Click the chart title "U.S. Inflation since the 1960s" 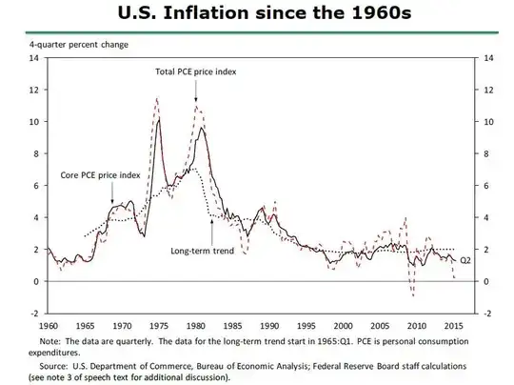pyautogui.click(x=256, y=14)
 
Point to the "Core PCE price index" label pyautogui.click(x=102, y=175)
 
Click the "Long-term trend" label pyautogui.click(x=202, y=252)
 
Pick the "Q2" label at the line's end pyautogui.click(x=465, y=259)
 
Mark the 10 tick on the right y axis pyautogui.click(x=491, y=122)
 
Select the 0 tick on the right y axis pyautogui.click(x=489, y=282)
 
